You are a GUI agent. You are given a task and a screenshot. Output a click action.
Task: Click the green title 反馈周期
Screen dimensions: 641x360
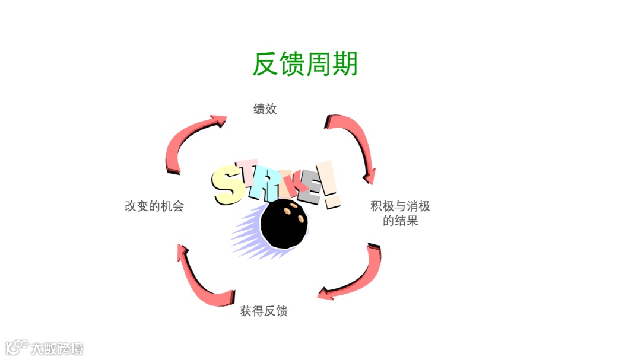(x=305, y=64)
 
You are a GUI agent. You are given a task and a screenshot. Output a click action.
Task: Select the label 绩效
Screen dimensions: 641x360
(x=265, y=109)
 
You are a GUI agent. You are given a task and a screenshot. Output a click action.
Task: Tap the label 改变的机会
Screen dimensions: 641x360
(x=154, y=206)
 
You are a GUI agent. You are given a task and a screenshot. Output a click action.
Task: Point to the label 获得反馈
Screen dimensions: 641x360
(x=264, y=311)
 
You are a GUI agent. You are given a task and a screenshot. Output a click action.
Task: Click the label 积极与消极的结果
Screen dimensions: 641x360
(x=400, y=214)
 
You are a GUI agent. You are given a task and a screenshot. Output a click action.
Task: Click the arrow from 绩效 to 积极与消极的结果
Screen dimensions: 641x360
(x=356, y=142)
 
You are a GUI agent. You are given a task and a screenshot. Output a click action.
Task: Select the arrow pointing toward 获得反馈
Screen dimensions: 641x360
(x=356, y=276)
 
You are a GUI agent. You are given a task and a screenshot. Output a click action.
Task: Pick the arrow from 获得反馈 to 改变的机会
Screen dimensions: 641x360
(x=199, y=279)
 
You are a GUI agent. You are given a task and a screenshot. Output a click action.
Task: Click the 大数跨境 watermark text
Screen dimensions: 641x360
(x=58, y=348)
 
